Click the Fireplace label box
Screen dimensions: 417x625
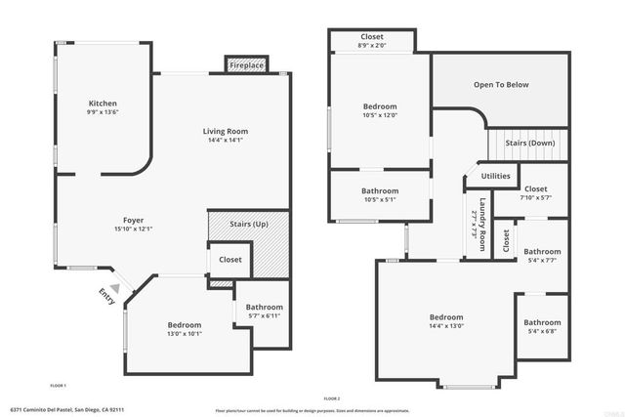tap(246, 65)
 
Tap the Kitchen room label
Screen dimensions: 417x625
tap(103, 104)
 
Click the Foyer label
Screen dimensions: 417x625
tap(134, 220)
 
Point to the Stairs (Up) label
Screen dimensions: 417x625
tap(248, 225)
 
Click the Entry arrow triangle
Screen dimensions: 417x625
tap(115, 288)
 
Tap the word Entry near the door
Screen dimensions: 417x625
tap(106, 298)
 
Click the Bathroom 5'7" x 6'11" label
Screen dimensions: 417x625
tap(264, 312)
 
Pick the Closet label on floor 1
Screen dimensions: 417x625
tap(230, 260)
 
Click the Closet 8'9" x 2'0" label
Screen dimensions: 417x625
tap(372, 41)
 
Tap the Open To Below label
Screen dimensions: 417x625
tap(501, 85)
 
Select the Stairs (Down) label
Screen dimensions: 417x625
tap(530, 143)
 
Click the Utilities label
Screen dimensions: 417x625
tap(495, 176)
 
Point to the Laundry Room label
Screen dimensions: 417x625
tap(477, 225)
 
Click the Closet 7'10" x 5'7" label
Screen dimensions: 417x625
tap(536, 192)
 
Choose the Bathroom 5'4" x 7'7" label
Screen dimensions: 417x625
tap(542, 256)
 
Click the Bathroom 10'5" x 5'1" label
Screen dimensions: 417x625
tap(380, 195)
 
